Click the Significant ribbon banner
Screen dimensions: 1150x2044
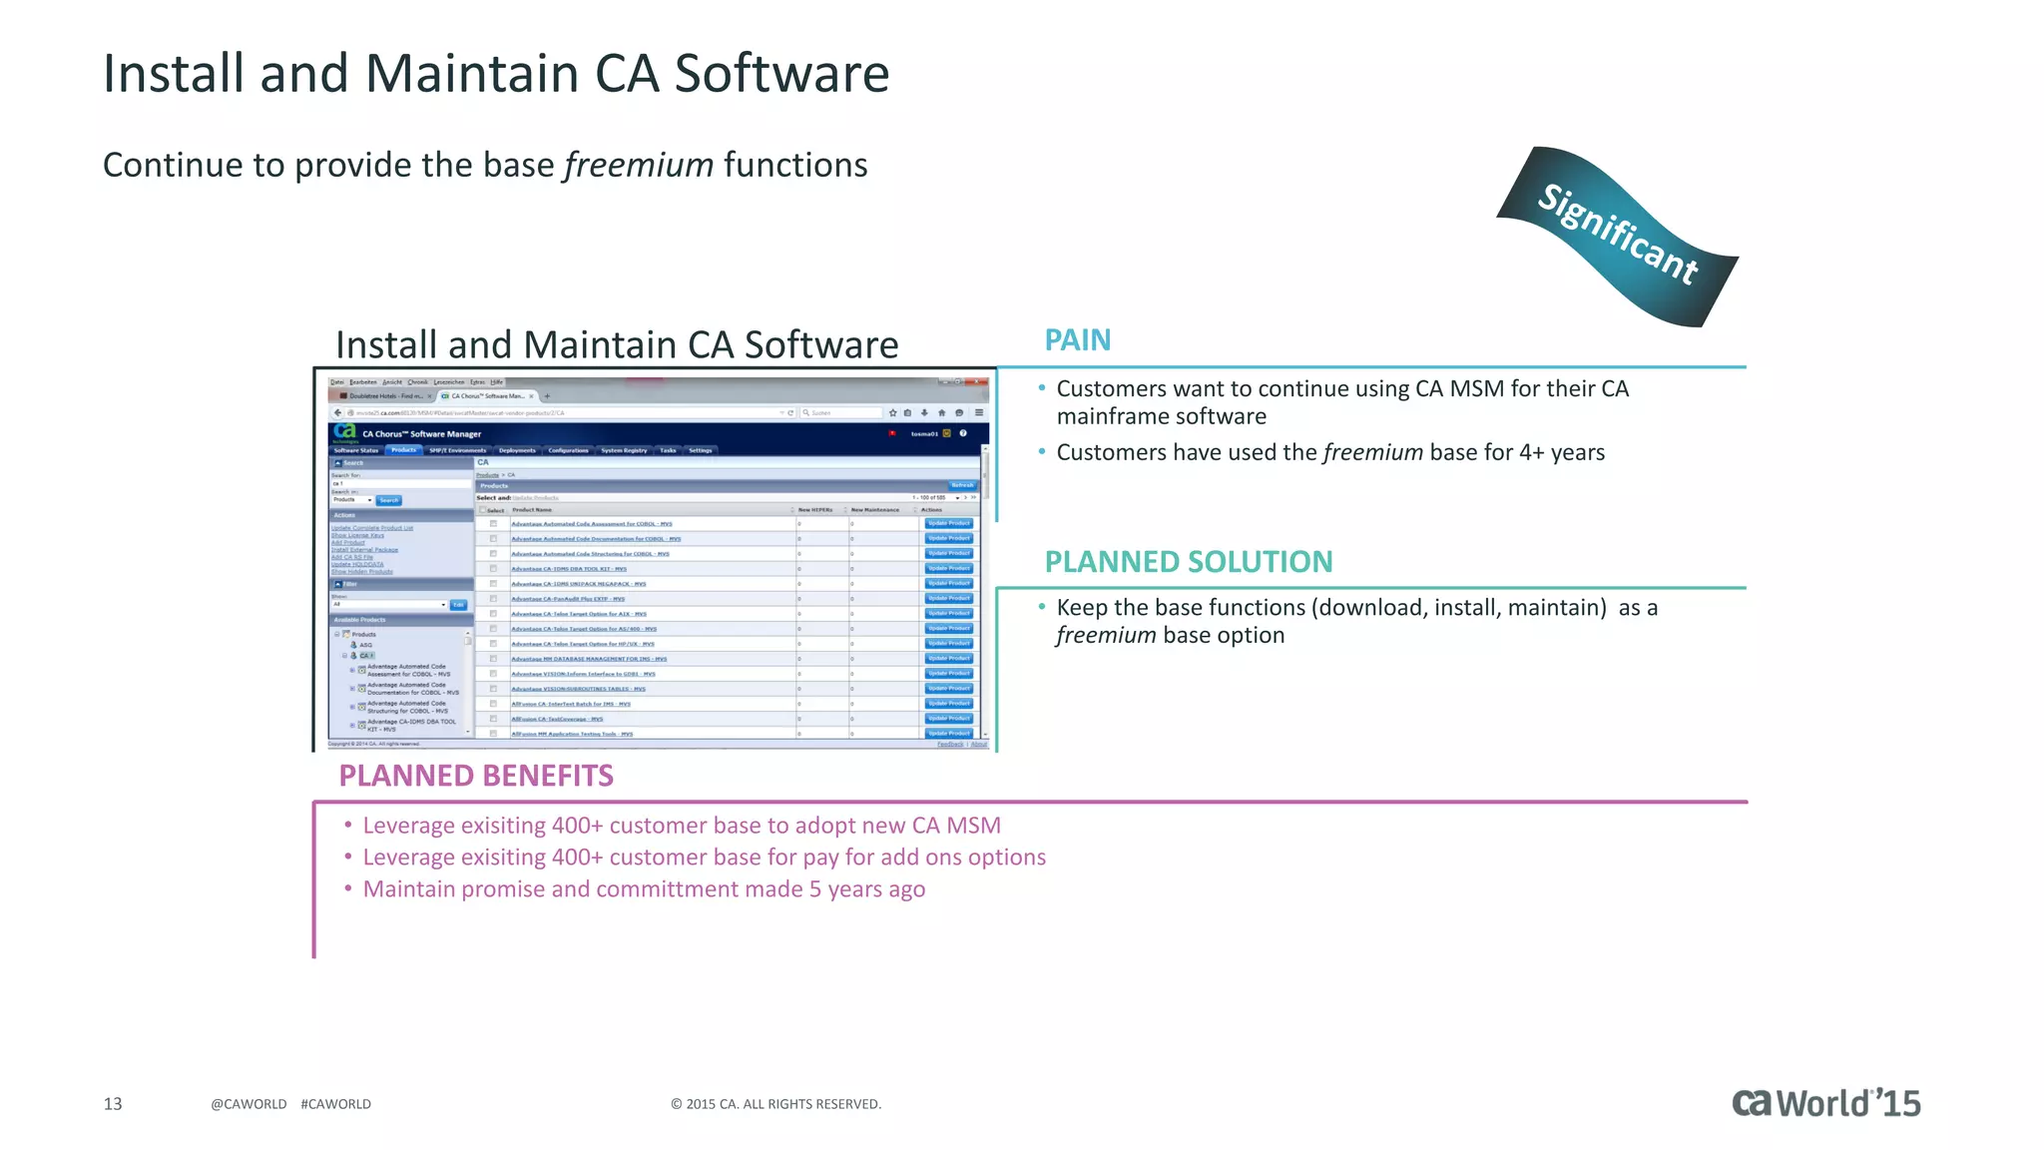[1617, 236]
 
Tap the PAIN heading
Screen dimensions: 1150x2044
[1077, 340]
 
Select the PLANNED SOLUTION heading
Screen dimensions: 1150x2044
[1188, 562]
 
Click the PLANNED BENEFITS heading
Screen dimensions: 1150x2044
[475, 776]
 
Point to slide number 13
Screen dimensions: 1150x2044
[113, 1103]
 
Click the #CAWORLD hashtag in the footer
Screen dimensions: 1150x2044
[335, 1104]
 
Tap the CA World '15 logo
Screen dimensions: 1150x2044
[1825, 1103]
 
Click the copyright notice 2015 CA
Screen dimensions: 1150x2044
[775, 1104]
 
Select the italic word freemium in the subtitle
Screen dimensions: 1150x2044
[639, 165]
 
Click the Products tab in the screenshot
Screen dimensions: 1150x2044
[403, 450]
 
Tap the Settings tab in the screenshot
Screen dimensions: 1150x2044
[700, 450]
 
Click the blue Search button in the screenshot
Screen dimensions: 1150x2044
[388, 500]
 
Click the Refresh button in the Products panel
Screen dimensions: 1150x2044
[961, 485]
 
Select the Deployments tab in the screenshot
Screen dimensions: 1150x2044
[517, 450]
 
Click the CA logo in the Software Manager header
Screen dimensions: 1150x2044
[344, 431]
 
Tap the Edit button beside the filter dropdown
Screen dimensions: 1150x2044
[458, 605]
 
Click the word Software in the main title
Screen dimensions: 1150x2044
[781, 74]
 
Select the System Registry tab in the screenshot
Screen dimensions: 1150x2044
[624, 450]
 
